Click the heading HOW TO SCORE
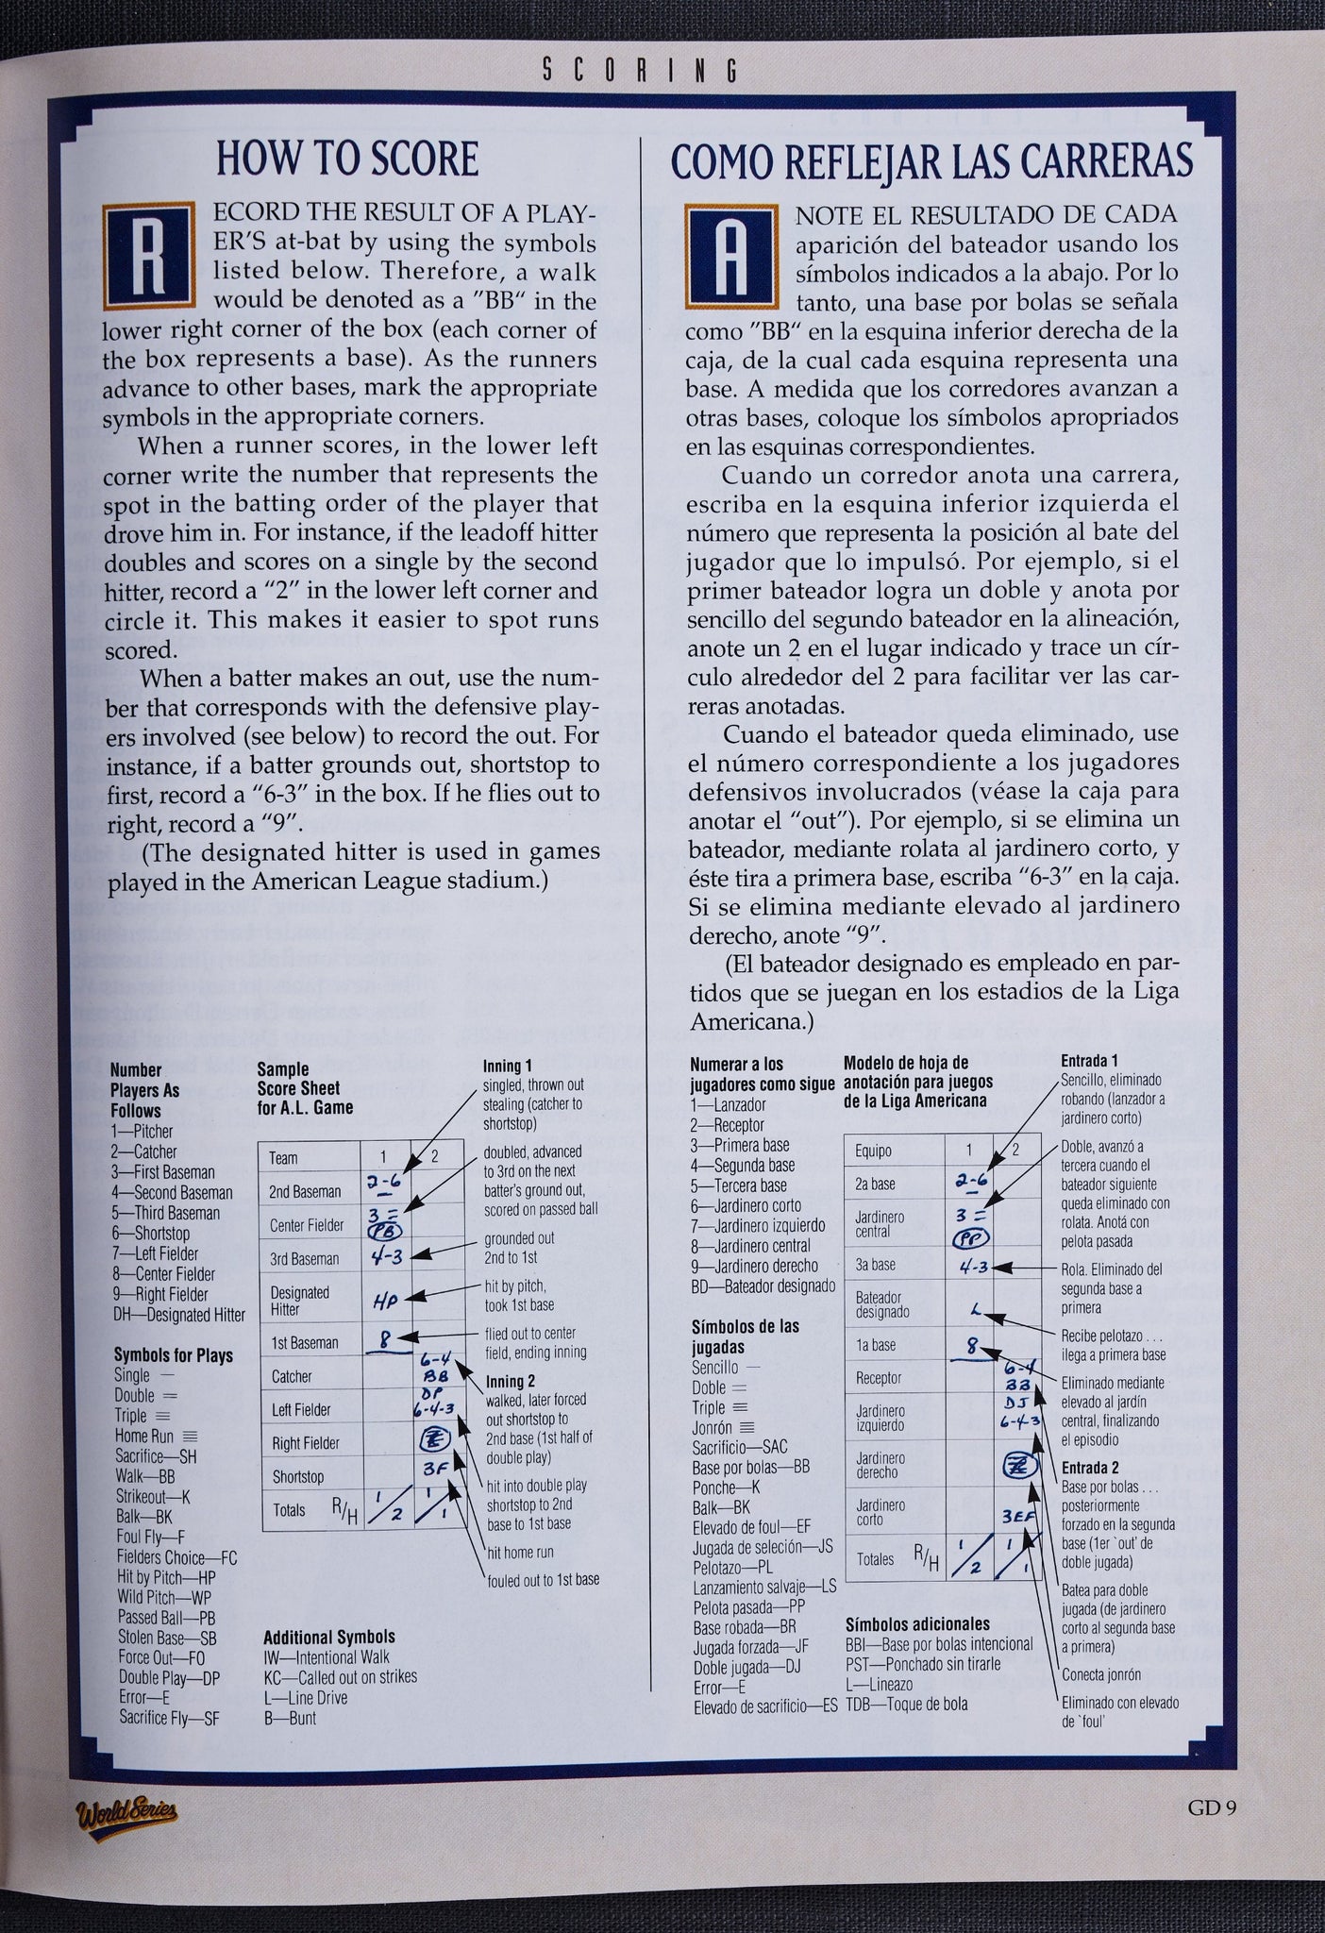(347, 159)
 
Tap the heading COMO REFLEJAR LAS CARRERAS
(931, 160)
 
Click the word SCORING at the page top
(640, 70)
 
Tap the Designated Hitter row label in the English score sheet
(300, 1301)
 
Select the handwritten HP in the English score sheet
(387, 1302)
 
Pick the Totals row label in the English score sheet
(289, 1510)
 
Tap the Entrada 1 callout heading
(1089, 1061)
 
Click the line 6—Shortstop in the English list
(151, 1234)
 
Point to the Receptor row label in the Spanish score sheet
(879, 1378)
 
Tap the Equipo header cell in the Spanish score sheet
(873, 1151)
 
